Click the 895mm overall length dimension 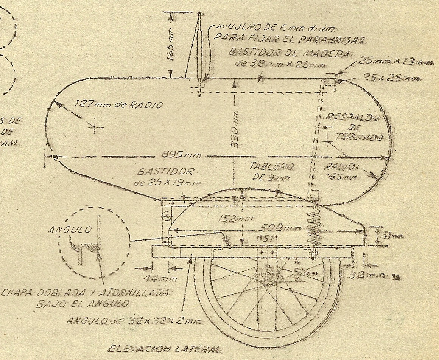coord(181,155)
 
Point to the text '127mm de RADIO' coord(119,104)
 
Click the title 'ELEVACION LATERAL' coord(163,348)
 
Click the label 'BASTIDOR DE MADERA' coord(288,53)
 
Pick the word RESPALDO coord(353,117)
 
